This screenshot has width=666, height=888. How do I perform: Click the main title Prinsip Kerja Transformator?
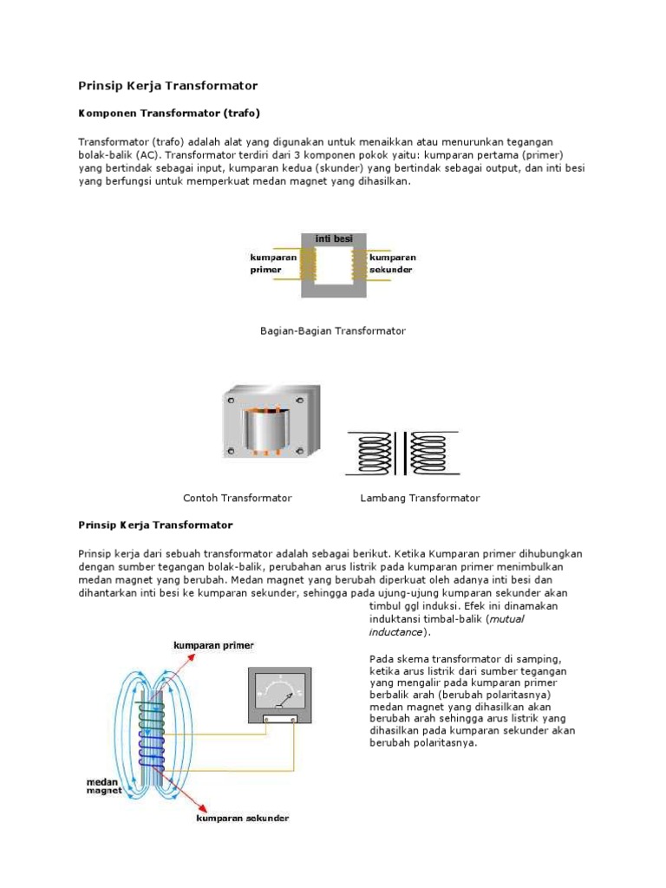coord(168,86)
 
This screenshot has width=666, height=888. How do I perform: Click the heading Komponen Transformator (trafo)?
coord(169,113)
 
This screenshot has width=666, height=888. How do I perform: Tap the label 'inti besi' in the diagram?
coord(333,238)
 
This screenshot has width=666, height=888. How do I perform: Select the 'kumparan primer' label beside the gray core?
coord(273,264)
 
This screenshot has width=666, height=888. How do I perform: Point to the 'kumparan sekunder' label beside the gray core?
coord(393,264)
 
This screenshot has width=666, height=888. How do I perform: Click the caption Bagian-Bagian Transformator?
coord(333,330)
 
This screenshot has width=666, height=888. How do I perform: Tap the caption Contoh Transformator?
coord(238,498)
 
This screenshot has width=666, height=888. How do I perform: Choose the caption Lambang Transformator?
coord(420,498)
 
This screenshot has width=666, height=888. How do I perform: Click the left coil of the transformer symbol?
coord(375,452)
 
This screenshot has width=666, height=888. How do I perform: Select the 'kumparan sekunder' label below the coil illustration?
coord(242,818)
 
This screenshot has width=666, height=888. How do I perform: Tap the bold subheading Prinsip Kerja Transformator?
coord(156,526)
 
